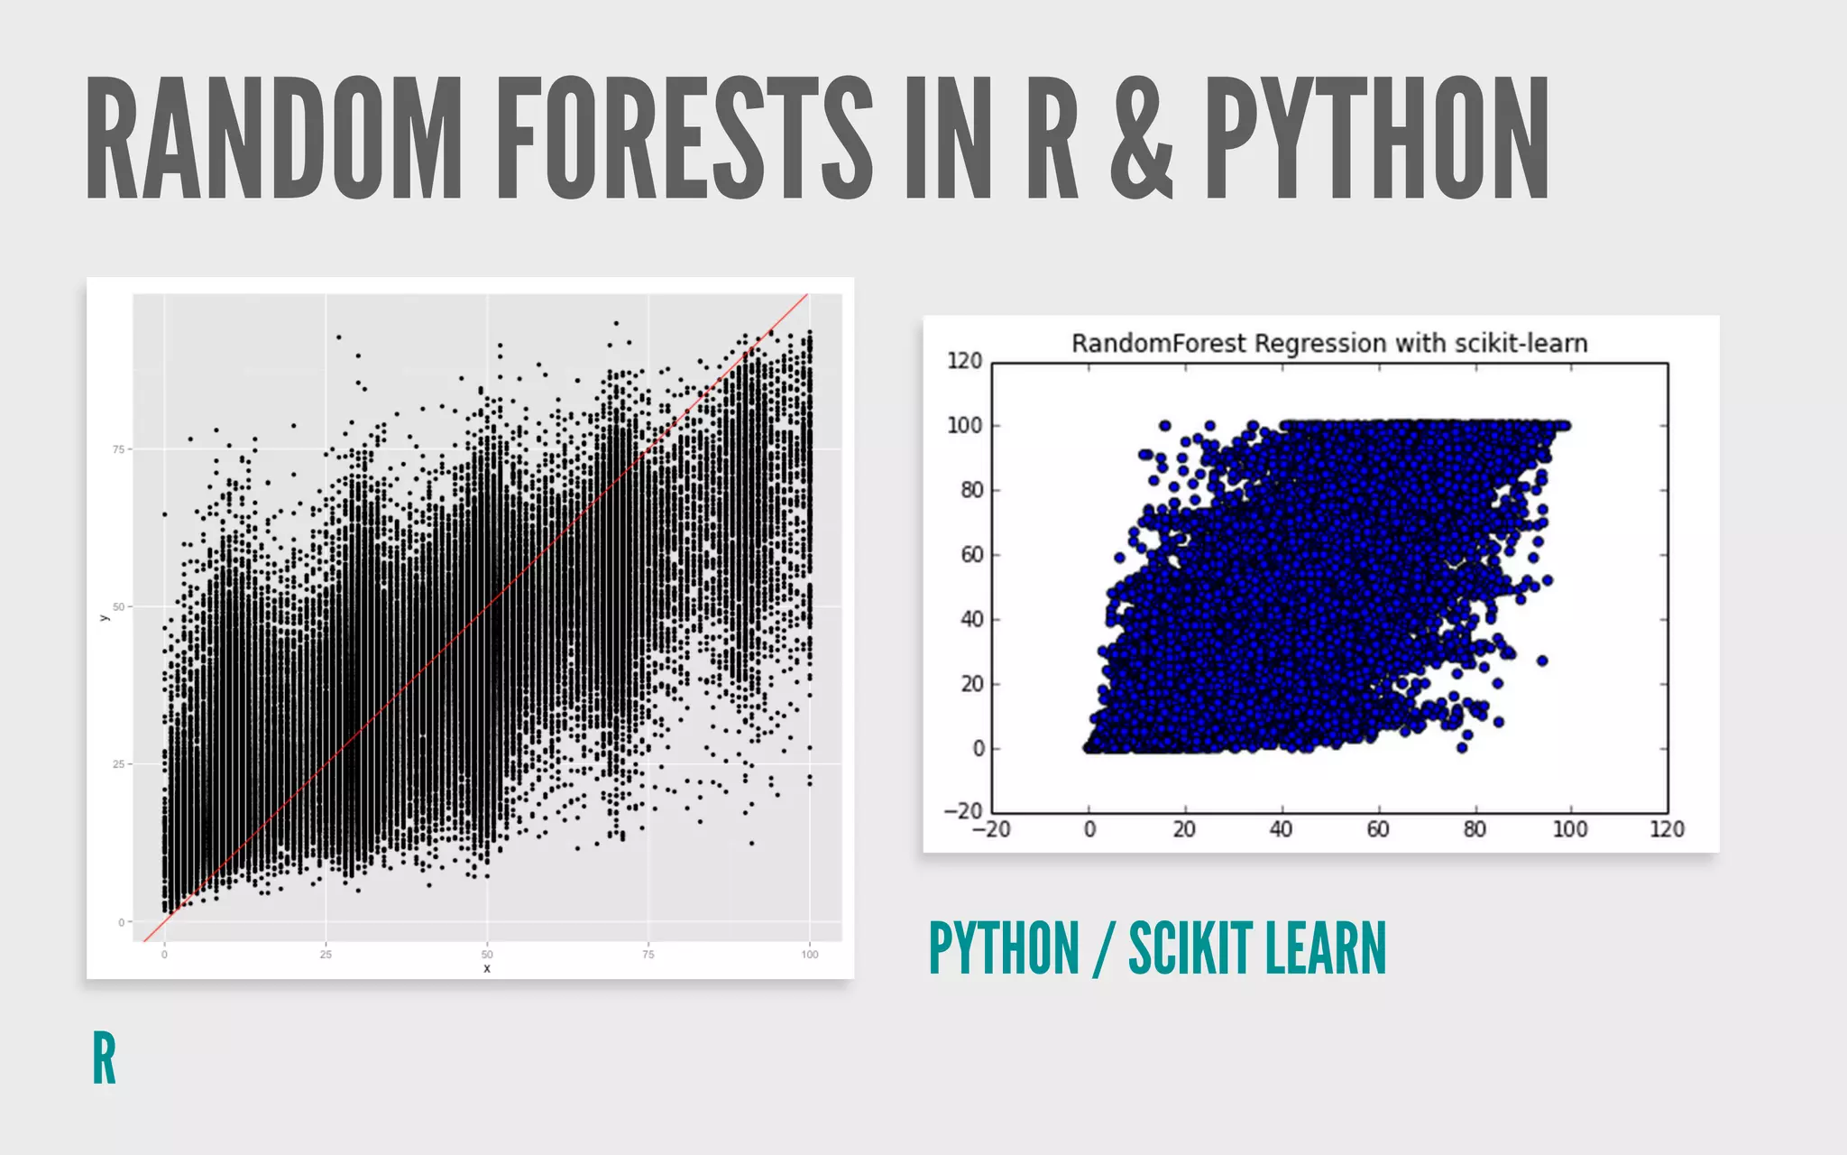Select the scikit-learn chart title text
[x=1328, y=344]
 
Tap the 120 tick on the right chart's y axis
[x=964, y=361]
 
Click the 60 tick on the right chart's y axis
[x=971, y=555]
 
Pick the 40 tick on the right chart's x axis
[x=1281, y=829]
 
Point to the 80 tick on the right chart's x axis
[x=1474, y=829]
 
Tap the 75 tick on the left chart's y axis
[x=118, y=449]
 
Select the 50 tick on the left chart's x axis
[x=487, y=954]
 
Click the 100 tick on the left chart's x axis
[x=809, y=954]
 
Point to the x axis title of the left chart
[x=487, y=968]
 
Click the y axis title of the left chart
[x=105, y=617]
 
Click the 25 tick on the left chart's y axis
[x=118, y=764]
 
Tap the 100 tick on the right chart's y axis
[x=964, y=426]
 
